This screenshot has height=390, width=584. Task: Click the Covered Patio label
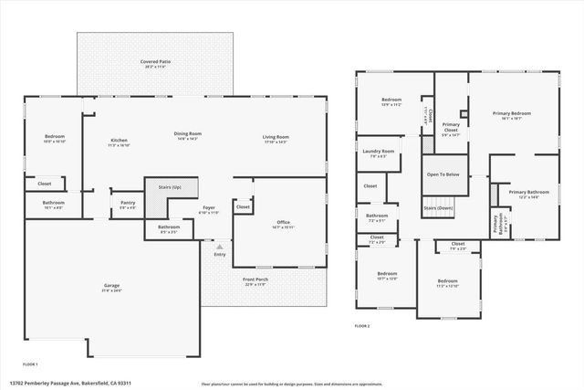point(156,62)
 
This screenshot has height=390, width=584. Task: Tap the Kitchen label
point(119,140)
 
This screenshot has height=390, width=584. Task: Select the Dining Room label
point(188,134)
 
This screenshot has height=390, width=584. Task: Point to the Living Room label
point(276,137)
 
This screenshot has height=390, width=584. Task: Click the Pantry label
point(127,204)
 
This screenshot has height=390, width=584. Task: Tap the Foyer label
point(209,209)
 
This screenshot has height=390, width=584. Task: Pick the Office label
point(284,222)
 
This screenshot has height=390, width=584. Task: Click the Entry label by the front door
point(219,255)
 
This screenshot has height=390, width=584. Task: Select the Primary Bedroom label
point(512,113)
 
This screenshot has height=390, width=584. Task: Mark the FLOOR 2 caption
point(362,325)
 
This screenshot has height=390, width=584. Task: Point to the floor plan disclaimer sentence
point(291,384)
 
